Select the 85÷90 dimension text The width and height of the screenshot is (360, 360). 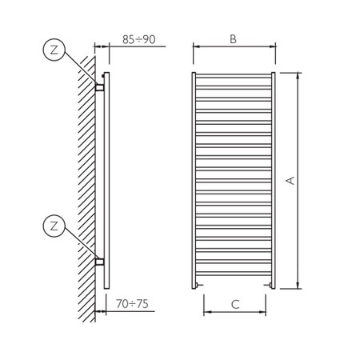click(139, 39)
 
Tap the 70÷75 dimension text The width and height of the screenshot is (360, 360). click(132, 304)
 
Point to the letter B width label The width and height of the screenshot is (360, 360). click(233, 39)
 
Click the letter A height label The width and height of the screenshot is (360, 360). click(290, 180)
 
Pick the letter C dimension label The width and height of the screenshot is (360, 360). click(235, 304)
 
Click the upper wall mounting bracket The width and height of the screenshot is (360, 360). click(100, 87)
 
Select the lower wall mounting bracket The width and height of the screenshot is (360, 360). click(100, 262)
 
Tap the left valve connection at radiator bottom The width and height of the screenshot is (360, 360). click(198, 286)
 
